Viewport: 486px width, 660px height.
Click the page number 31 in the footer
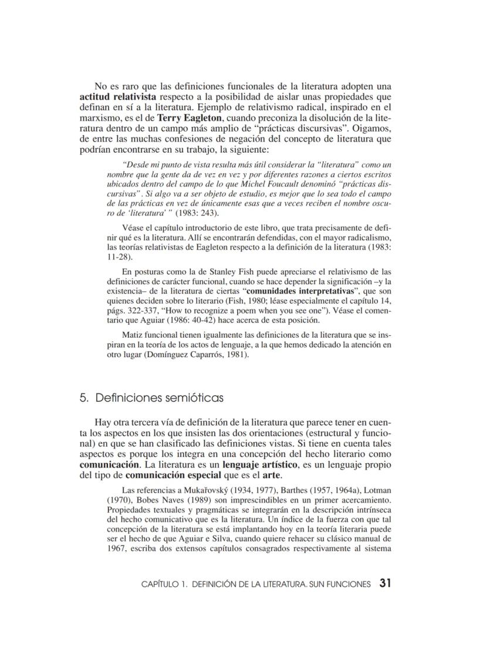(386, 583)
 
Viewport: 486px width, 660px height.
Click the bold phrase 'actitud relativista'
(117, 96)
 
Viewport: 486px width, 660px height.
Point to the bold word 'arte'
(255, 474)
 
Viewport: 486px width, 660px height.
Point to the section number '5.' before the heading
(84, 398)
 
